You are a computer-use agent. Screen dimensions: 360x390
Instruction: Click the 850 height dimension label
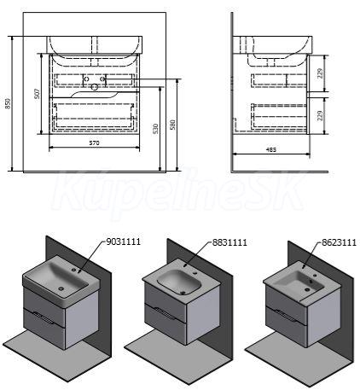9,103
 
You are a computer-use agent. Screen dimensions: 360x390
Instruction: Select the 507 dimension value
37,94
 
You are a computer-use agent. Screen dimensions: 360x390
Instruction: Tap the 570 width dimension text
94,143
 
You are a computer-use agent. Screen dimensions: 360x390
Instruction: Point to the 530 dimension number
155,129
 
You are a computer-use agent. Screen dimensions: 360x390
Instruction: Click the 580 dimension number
172,125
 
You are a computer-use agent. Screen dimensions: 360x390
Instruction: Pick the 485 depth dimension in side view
271,149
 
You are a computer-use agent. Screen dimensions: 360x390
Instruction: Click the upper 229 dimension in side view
321,73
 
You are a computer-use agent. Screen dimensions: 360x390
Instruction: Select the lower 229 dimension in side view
321,116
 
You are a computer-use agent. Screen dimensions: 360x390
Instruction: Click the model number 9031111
123,242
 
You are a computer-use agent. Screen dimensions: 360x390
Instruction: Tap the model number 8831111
229,242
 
